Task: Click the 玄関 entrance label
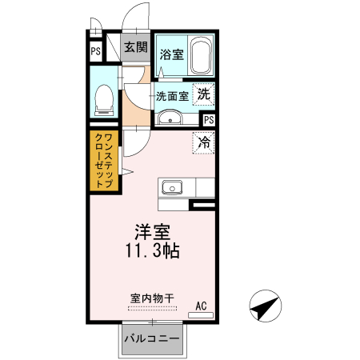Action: tap(135, 47)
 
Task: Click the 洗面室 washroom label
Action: tap(172, 95)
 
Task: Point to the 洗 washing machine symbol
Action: tap(205, 93)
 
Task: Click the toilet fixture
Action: tap(102, 98)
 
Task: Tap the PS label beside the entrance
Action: tap(95, 51)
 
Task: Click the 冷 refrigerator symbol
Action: tap(204, 144)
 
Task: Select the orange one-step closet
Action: tap(104, 161)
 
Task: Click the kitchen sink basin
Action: tap(171, 189)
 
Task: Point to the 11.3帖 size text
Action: tap(151, 251)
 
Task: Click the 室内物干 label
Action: tap(150, 298)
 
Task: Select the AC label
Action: tap(202, 305)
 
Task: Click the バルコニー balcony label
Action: tap(151, 339)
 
